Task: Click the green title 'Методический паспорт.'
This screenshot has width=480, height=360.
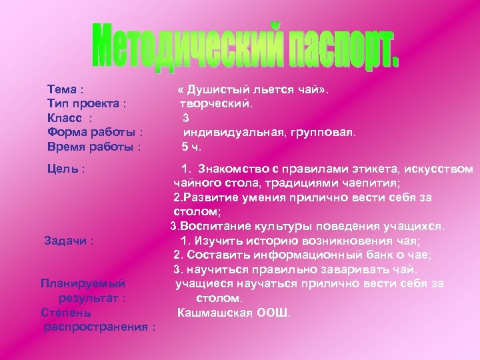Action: point(246,47)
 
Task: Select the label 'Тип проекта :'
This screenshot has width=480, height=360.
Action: point(87,104)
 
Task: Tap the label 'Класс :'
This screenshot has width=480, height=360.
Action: point(69,118)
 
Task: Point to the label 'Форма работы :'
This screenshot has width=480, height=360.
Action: point(93,133)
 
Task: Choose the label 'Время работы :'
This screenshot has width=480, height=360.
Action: point(94,147)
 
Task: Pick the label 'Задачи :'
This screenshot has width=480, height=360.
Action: point(68,241)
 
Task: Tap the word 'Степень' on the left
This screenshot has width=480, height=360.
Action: point(66,313)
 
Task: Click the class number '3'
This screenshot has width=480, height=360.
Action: point(186,118)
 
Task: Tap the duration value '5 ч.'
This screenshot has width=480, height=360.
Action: point(191,147)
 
